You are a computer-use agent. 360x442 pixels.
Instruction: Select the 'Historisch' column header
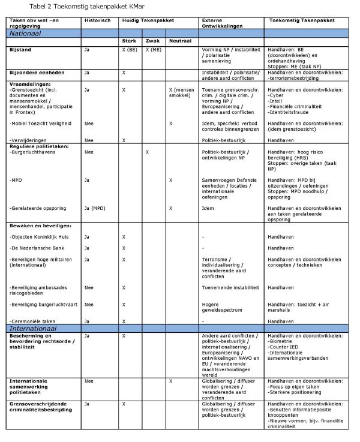[98, 20]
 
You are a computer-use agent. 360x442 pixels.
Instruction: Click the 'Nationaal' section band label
[25, 34]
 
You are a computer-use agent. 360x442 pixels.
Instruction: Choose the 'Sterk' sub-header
[129, 40]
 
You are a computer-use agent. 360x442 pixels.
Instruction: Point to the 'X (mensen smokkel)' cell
[182, 92]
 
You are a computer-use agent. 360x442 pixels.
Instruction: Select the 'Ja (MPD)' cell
[95, 208]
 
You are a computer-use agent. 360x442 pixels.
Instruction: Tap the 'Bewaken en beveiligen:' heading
[41, 225]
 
